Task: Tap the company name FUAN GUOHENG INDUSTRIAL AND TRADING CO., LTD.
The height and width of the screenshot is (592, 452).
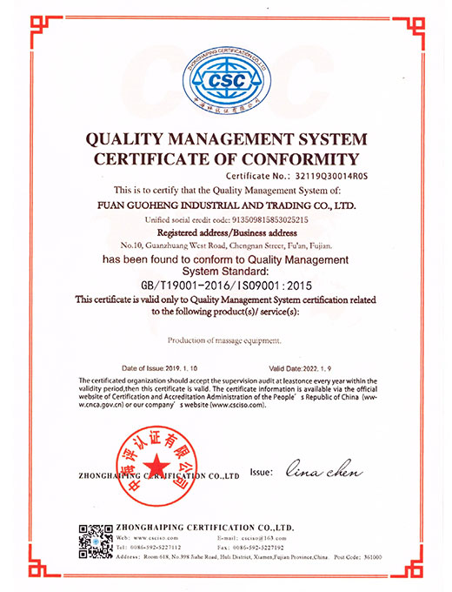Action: [x=226, y=205]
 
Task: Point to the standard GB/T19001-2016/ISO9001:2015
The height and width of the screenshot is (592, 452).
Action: [x=225, y=285]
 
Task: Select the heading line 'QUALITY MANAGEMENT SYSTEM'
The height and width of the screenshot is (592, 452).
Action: [x=226, y=139]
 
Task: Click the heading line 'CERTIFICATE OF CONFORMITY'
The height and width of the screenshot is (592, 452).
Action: [x=226, y=158]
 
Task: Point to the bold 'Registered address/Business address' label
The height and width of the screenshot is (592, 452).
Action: [x=225, y=234]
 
